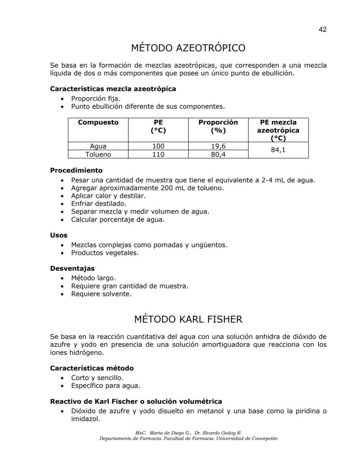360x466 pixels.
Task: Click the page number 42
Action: point(322,30)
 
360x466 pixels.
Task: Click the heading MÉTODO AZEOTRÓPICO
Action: point(188,48)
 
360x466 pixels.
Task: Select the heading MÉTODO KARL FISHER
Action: point(188,319)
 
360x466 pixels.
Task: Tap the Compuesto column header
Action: point(98,123)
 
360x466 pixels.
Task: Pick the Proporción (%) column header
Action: point(218,126)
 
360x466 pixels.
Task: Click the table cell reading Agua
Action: point(98,147)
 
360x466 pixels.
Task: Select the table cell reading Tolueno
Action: point(98,154)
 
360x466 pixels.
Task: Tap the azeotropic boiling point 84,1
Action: point(278,151)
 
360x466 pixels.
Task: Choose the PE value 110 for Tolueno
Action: point(158,154)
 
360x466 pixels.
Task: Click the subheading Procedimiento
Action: point(76,170)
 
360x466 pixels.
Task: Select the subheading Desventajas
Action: point(72,268)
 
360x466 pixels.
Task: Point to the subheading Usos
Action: point(59,235)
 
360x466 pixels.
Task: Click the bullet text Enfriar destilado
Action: point(99,204)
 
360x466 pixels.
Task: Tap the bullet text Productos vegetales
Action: point(105,253)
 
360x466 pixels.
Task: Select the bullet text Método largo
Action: point(93,278)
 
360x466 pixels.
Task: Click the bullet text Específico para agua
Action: point(106,386)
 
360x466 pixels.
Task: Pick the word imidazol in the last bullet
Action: point(86,419)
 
